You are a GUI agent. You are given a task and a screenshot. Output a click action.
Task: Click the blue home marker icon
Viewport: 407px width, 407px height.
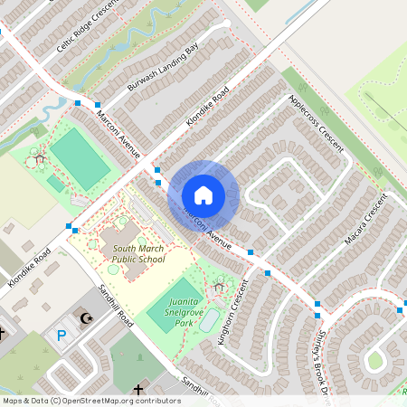tap(203, 194)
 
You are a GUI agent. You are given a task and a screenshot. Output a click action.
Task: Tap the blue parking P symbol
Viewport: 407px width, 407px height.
tap(62, 335)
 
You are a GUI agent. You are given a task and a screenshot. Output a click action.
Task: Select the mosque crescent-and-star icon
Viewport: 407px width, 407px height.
tap(87, 318)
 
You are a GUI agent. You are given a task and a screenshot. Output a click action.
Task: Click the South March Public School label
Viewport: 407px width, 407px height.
tap(138, 254)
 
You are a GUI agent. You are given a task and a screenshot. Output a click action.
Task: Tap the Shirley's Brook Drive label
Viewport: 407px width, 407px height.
tap(325, 357)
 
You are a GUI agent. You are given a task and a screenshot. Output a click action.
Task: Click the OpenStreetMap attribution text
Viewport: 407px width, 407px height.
tap(90, 400)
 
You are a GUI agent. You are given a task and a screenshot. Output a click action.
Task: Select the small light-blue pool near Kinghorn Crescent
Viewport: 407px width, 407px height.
tap(209, 320)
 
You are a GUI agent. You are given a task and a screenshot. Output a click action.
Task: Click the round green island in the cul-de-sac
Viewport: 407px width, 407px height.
tap(374, 361)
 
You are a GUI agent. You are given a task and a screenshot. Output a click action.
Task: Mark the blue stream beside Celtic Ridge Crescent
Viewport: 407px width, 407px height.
tap(136, 36)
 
